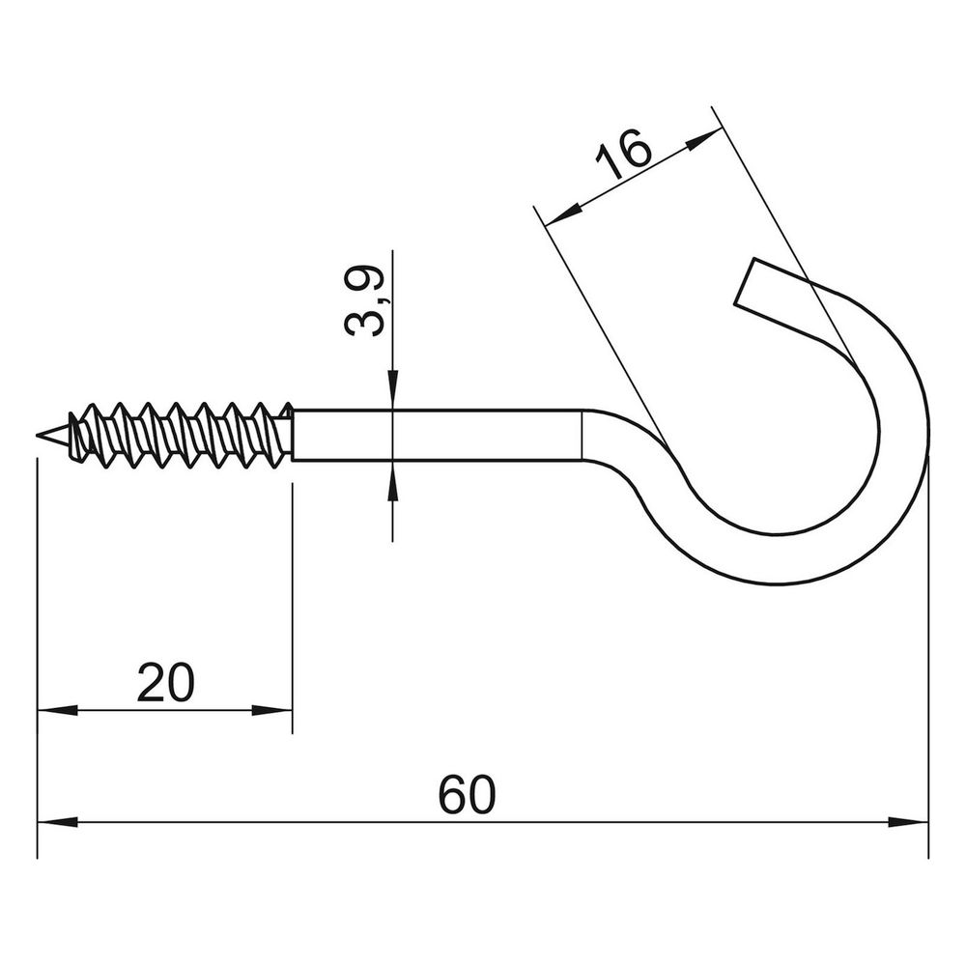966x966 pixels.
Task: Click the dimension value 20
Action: (x=165, y=683)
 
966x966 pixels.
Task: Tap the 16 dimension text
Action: (x=622, y=154)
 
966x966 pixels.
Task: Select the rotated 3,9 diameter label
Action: (x=363, y=301)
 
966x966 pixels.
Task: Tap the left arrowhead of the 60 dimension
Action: (x=58, y=822)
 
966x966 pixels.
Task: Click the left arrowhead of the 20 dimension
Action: (x=58, y=711)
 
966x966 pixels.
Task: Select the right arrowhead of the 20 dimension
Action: (x=271, y=711)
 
